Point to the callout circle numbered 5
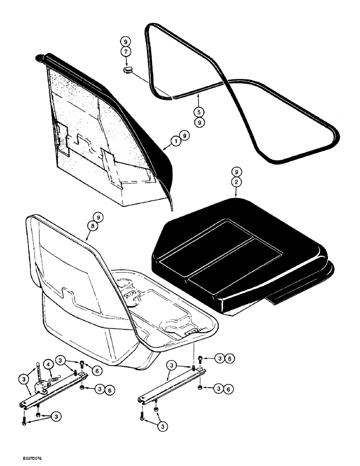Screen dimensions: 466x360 (x=199, y=111)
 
